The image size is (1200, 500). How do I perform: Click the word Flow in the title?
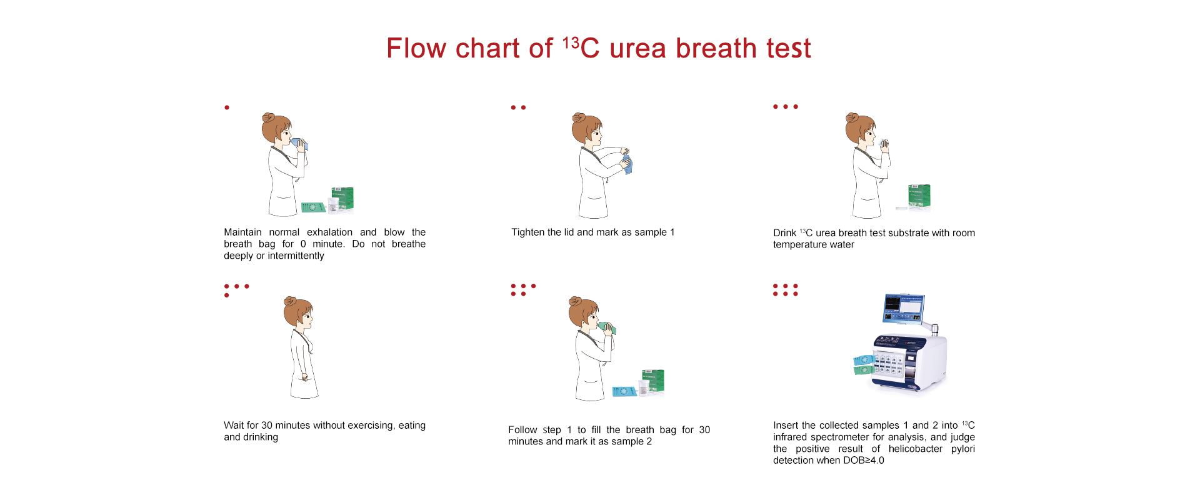tap(416, 48)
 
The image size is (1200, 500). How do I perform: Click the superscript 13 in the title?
tap(571, 42)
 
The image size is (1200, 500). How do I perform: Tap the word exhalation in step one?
tap(329, 232)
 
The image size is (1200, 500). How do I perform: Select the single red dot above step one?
tap(227, 107)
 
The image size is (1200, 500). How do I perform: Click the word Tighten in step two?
tap(528, 232)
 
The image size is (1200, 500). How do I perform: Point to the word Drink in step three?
tap(784, 233)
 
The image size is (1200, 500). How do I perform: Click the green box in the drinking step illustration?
tap(919, 195)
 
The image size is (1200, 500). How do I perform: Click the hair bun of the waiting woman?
tap(289, 301)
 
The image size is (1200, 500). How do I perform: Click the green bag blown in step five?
tap(606, 327)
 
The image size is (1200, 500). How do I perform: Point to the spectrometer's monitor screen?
tap(903, 306)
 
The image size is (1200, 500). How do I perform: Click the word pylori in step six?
tap(962, 449)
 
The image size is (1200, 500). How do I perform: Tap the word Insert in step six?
tap(786, 426)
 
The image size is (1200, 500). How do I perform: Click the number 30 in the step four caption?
tap(266, 426)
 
